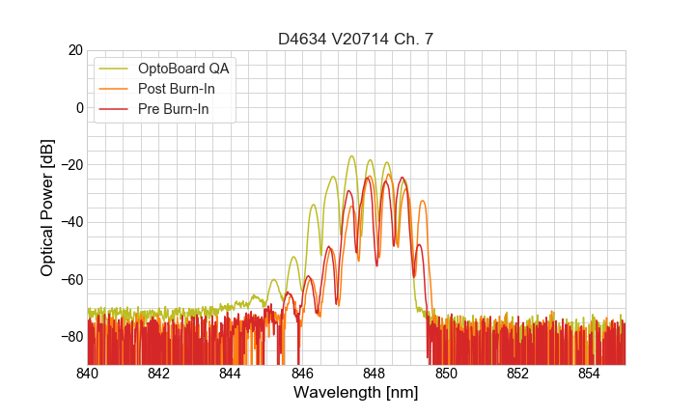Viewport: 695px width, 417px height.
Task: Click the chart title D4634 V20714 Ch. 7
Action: (355, 39)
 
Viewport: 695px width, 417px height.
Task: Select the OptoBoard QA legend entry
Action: (183, 69)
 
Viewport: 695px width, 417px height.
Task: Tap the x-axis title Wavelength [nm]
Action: (355, 393)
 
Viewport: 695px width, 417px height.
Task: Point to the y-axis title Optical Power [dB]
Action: (46, 208)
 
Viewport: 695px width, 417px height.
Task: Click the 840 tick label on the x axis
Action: (87, 374)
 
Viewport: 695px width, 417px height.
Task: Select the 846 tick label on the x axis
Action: (302, 374)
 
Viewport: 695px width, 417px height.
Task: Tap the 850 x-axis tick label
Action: (446, 374)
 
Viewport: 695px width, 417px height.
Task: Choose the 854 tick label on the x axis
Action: (590, 374)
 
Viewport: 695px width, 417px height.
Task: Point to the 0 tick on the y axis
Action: (79, 107)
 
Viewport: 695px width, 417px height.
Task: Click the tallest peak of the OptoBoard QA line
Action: (351, 156)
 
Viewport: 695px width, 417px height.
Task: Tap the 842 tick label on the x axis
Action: (158, 374)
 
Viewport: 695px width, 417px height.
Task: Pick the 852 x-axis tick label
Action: (517, 374)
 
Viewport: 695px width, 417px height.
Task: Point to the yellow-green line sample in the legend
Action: (115, 69)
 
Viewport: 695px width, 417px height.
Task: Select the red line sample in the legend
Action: (115, 110)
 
